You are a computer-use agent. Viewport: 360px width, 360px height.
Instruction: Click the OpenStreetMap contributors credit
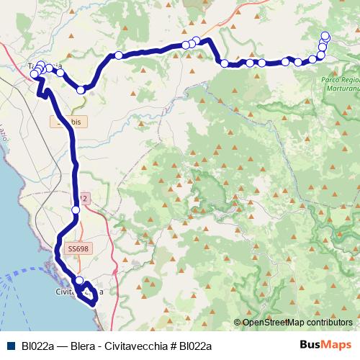tap(297, 323)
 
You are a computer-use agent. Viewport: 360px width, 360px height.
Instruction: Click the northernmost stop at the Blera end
tap(325, 35)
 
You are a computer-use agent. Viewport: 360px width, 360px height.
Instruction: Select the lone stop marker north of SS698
tap(76, 210)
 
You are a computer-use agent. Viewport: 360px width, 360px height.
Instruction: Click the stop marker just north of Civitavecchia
tap(79, 281)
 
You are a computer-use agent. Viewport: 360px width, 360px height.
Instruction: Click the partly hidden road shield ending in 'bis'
tap(69, 122)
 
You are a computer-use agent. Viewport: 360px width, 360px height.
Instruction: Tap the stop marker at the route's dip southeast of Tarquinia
tap(81, 90)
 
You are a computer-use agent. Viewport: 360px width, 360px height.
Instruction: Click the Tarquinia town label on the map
tap(45, 66)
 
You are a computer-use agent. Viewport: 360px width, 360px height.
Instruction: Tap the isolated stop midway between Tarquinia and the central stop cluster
tap(118, 55)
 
